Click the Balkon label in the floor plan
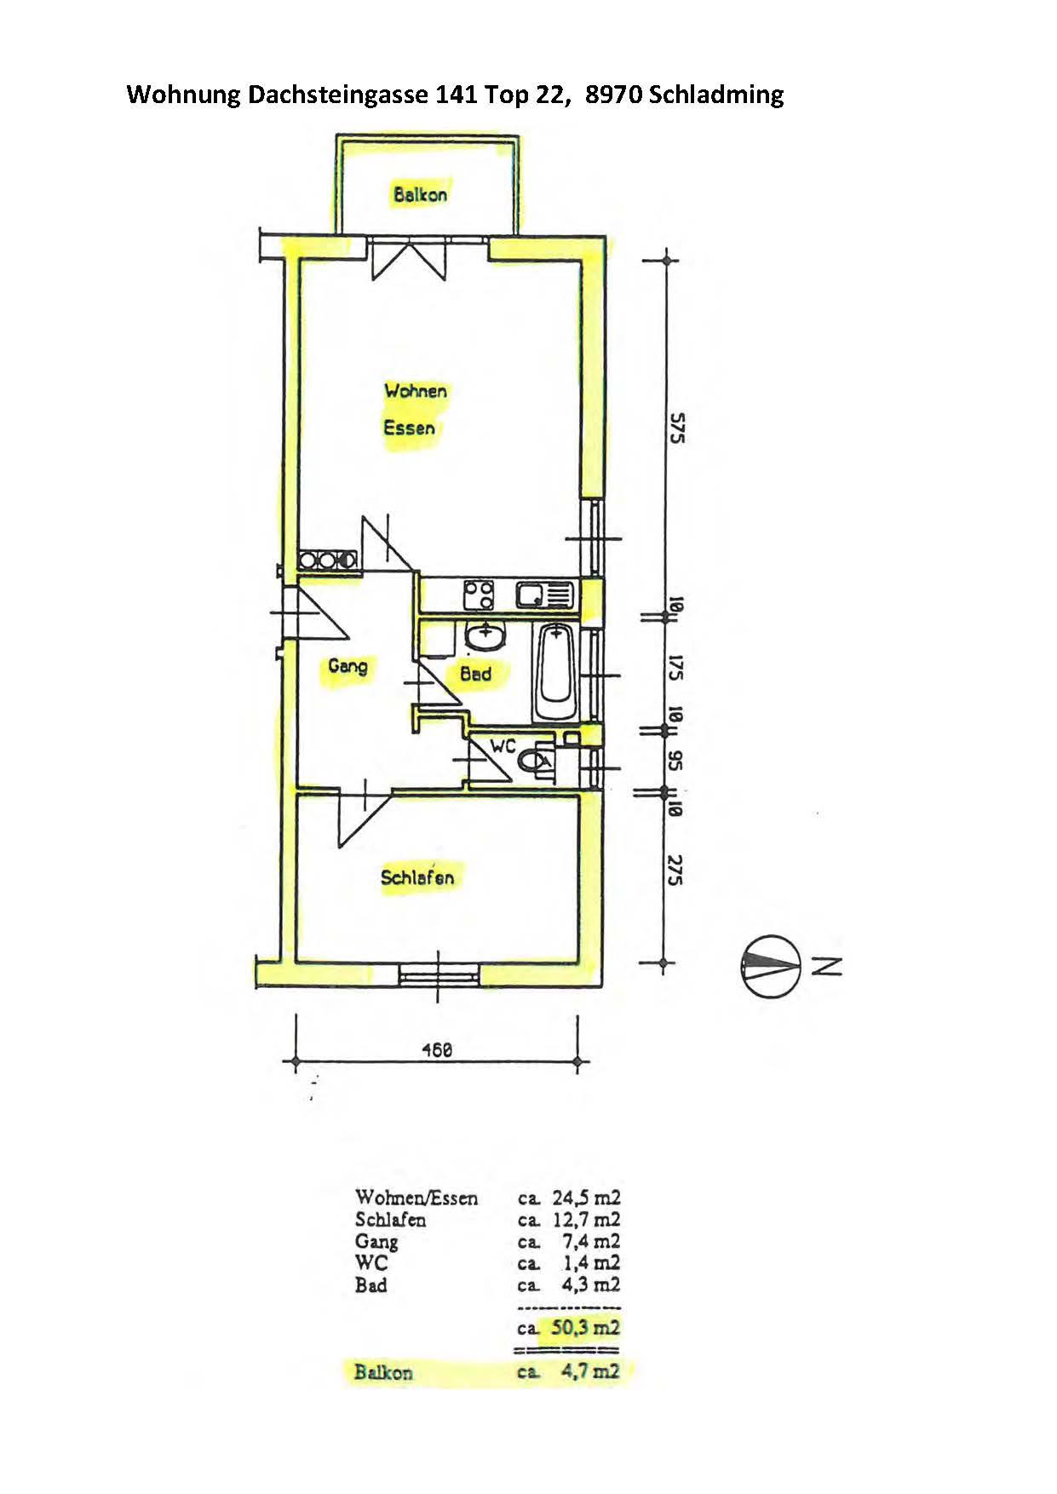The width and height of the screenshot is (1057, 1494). [420, 194]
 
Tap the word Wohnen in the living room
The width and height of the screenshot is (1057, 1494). [416, 391]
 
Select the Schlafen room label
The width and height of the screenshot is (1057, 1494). [417, 877]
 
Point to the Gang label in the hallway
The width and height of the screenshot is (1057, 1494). [348, 665]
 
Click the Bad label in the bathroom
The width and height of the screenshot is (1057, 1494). [475, 674]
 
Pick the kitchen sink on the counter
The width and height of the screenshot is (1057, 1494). [543, 595]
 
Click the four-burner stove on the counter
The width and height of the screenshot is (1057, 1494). [479, 594]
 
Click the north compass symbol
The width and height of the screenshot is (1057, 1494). [769, 966]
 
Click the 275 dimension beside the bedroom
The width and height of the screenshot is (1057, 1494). [675, 870]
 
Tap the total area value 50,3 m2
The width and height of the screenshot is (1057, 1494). [586, 1327]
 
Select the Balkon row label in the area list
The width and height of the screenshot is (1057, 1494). [383, 1372]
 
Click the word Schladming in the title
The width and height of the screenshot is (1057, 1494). [716, 94]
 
